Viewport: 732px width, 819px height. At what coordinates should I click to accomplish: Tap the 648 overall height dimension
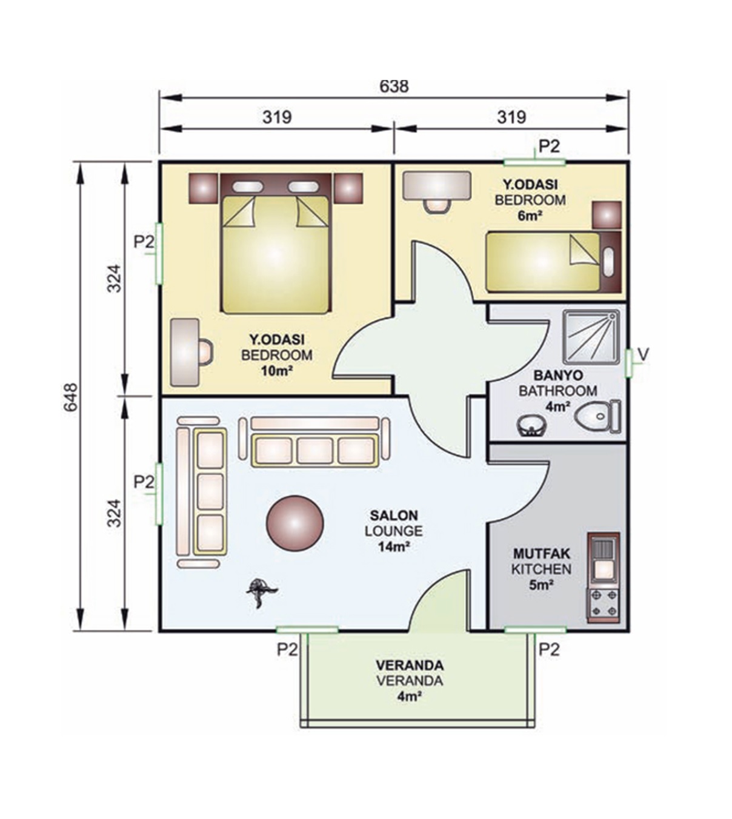tap(71, 397)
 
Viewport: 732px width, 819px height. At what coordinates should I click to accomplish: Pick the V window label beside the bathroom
tap(643, 354)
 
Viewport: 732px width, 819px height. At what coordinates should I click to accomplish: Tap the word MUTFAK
tap(542, 553)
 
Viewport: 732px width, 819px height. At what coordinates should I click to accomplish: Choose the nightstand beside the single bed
tap(607, 215)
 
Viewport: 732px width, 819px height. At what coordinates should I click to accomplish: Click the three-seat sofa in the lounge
tap(314, 442)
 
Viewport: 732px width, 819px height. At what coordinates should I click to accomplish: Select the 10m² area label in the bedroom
tap(277, 370)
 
